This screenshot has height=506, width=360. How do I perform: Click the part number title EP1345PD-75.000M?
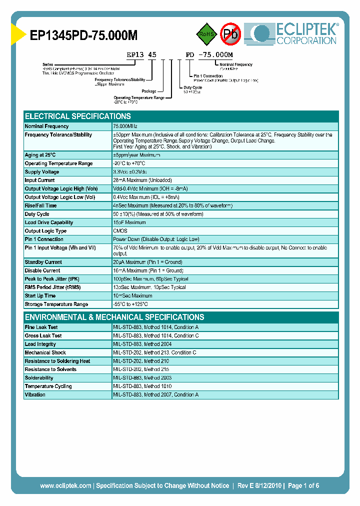point(84,34)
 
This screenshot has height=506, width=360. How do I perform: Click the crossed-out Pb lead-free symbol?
point(230,34)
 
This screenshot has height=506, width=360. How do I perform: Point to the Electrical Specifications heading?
point(77,116)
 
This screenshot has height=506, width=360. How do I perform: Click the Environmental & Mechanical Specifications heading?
point(114,317)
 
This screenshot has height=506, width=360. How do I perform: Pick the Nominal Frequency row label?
point(46,126)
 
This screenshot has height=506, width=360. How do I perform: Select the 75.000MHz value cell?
point(125,126)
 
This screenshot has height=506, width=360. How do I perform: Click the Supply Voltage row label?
point(42,172)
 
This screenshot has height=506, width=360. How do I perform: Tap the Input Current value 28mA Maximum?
point(142,180)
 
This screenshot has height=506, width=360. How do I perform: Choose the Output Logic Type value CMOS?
point(120,231)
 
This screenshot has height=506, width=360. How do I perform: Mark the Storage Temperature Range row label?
point(56,304)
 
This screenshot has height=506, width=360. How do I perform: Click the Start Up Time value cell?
point(132,296)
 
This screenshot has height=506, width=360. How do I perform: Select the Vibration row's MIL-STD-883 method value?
point(155,395)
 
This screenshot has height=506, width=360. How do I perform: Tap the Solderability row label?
point(39,378)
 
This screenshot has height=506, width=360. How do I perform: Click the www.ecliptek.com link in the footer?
point(65,485)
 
